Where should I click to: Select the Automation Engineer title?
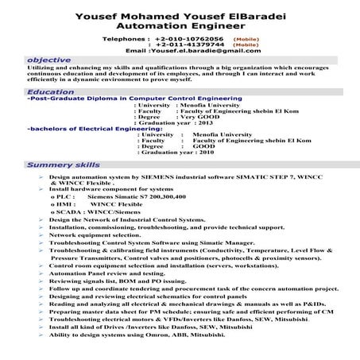pyautogui.click(x=179, y=25)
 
